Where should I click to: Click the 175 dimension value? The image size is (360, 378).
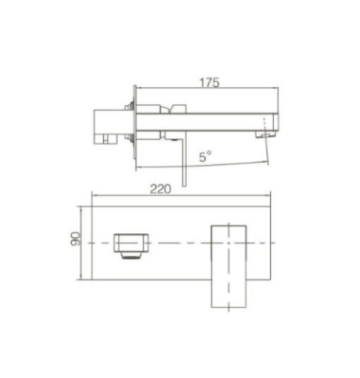tap(209, 82)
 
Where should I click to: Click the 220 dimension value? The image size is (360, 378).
tap(161, 189)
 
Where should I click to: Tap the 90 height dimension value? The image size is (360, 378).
tap(76, 239)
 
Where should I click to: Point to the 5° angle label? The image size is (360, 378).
tap(205, 156)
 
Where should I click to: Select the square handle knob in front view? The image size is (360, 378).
tap(131, 243)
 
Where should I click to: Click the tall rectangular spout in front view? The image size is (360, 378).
tap(229, 266)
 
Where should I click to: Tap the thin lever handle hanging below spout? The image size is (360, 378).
tap(184, 161)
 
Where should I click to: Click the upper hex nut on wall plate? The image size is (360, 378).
tap(129, 107)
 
